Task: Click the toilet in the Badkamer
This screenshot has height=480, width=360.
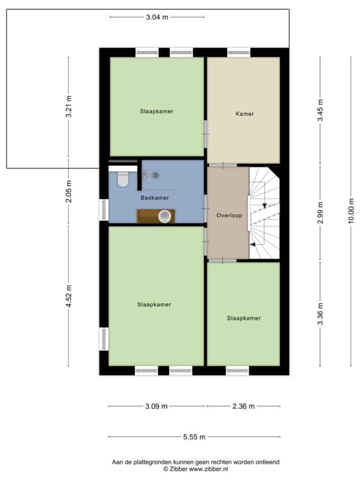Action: tap(123, 179)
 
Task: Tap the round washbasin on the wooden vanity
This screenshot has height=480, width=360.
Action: tap(165, 216)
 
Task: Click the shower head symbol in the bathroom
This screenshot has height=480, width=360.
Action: tap(156, 175)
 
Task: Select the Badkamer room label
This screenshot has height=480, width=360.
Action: tap(155, 198)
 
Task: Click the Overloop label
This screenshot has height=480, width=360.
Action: tap(229, 215)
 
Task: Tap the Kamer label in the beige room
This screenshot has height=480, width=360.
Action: tap(245, 113)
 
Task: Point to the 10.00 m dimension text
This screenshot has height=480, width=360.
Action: tap(351, 211)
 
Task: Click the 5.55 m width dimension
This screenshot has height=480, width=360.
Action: tap(194, 437)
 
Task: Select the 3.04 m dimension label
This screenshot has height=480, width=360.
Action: tap(157, 17)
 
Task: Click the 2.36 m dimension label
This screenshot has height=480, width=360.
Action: tap(243, 406)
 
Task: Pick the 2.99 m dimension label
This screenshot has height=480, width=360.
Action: tap(320, 213)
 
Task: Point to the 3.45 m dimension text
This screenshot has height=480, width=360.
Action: tap(320, 110)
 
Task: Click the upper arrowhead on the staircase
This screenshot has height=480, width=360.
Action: tap(264, 206)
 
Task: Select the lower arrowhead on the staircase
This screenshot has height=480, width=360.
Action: tap(253, 244)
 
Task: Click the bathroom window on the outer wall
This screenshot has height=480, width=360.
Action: tap(104, 210)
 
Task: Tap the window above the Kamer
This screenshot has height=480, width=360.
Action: tap(239, 52)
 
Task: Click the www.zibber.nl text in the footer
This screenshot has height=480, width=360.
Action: tap(208, 469)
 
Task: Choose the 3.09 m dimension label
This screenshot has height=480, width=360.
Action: tap(156, 406)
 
